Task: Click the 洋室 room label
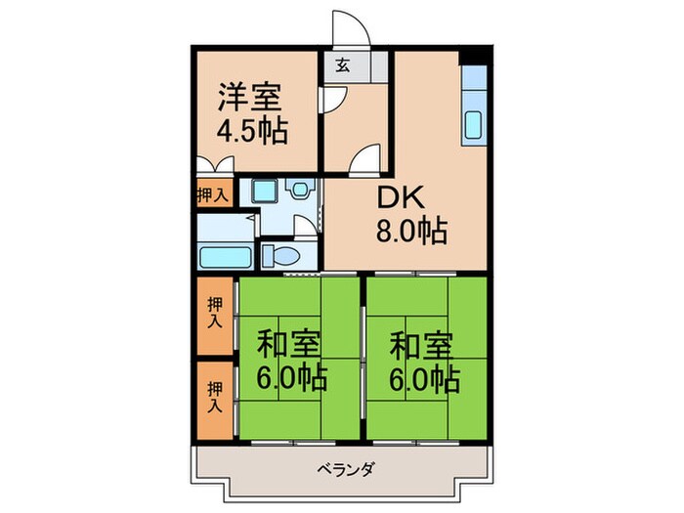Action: [249, 98]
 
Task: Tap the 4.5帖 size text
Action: [252, 131]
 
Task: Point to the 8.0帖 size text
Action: [411, 232]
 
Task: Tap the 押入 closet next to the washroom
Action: [212, 194]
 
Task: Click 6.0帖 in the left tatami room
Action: [291, 377]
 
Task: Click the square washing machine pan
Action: [261, 192]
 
